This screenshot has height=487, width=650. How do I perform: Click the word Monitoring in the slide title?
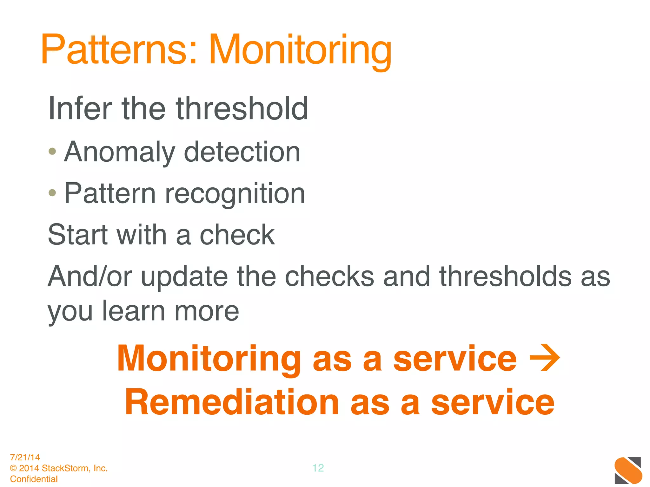[300, 51]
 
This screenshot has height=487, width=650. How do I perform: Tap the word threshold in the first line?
[242, 109]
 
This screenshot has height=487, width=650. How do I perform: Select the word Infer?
[80, 109]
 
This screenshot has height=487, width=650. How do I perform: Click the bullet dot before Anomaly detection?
[52, 151]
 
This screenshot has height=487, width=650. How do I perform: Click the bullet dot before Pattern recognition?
[52, 192]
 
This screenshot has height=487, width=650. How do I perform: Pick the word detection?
[242, 152]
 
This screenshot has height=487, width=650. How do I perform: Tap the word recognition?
[235, 194]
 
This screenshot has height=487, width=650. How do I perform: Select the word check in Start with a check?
[237, 235]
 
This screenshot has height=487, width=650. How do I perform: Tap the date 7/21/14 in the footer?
[25, 457]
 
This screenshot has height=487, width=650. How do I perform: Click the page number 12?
[318, 468]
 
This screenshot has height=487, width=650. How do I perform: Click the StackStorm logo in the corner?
[628, 471]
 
